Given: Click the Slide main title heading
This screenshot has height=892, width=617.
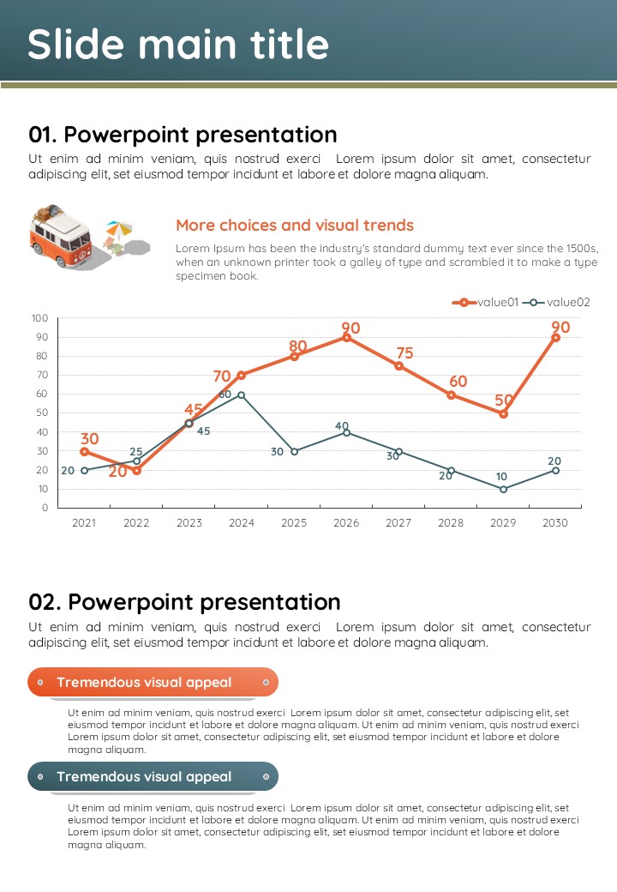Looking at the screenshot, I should (x=178, y=44).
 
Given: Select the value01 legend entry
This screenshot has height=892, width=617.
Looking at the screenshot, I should (x=485, y=302).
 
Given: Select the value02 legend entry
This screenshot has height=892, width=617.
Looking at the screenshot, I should (x=555, y=302).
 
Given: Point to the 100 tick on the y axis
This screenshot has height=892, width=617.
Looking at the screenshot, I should (x=40, y=318).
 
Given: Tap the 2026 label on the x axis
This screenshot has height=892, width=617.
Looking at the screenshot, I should (x=346, y=523).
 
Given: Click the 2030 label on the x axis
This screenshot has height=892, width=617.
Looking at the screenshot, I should (x=555, y=523).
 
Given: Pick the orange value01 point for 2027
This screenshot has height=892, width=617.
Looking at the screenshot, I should (x=398, y=366).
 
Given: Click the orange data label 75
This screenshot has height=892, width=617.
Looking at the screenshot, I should (x=405, y=353).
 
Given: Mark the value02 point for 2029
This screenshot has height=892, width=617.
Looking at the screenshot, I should (x=503, y=489).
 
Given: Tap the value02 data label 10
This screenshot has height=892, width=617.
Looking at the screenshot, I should (x=501, y=477).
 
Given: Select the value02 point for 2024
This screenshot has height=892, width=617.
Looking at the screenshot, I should (x=242, y=395).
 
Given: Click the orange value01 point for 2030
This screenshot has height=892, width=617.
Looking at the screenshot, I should (x=555, y=338).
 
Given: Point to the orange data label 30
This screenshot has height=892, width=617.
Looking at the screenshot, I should (x=89, y=439).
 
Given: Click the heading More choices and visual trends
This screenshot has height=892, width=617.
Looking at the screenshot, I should (x=295, y=226).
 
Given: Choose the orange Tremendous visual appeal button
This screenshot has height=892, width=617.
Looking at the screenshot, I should (x=153, y=683).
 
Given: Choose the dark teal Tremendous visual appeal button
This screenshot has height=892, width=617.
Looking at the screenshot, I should (x=153, y=777).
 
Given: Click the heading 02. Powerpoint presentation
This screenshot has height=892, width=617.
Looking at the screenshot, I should (x=184, y=601).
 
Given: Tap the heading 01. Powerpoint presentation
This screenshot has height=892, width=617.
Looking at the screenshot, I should (x=183, y=135).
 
